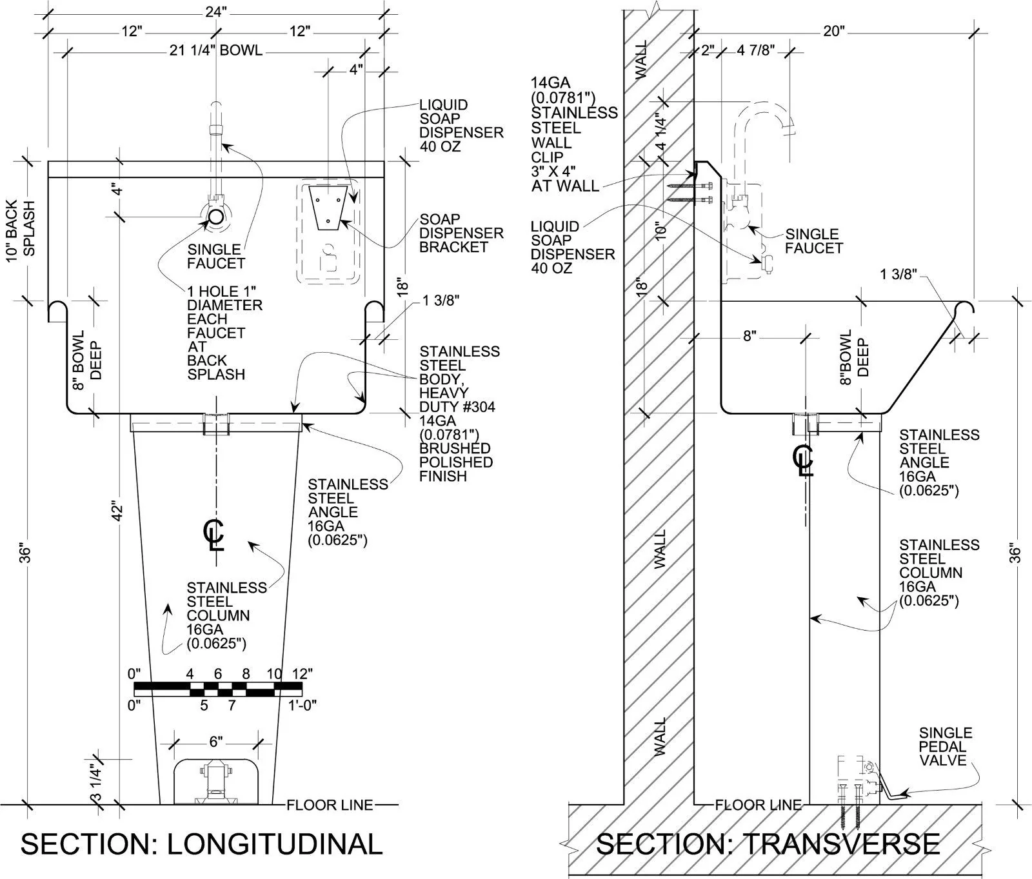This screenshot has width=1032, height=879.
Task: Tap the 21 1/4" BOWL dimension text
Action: click(x=216, y=50)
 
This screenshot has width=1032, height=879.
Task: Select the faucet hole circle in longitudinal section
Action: click(x=216, y=217)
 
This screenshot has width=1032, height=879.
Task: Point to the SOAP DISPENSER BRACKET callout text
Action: click(x=461, y=233)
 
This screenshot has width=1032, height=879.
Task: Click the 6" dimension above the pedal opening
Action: click(x=216, y=742)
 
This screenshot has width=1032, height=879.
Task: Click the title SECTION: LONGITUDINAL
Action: click(x=202, y=844)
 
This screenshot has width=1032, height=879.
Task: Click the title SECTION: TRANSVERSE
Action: click(x=768, y=844)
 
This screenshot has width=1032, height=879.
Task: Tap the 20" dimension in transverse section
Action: click(x=833, y=31)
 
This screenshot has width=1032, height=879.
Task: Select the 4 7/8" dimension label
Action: click(x=755, y=50)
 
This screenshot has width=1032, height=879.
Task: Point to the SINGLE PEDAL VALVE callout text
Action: click(x=945, y=747)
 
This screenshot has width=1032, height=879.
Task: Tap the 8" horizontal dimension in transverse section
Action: click(x=749, y=336)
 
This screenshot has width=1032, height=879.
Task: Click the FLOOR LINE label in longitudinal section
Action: click(x=330, y=805)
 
